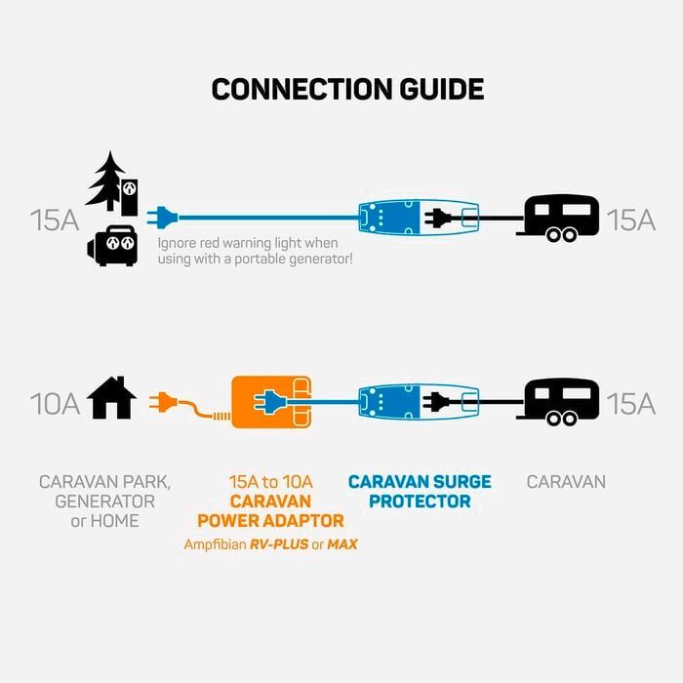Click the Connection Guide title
click(x=347, y=89)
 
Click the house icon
click(x=111, y=400)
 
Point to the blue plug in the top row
click(x=161, y=216)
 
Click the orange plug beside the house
click(x=163, y=401)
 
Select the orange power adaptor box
click(x=271, y=401)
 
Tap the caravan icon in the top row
click(x=560, y=217)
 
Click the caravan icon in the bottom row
click(x=560, y=401)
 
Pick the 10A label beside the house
click(x=54, y=402)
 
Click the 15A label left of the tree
click(x=54, y=219)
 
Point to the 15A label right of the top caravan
click(x=630, y=219)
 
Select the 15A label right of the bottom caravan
click(x=630, y=402)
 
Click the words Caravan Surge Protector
click(x=420, y=492)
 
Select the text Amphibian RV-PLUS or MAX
click(x=270, y=543)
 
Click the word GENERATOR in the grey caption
click(x=104, y=502)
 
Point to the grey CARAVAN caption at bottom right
click(x=566, y=482)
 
